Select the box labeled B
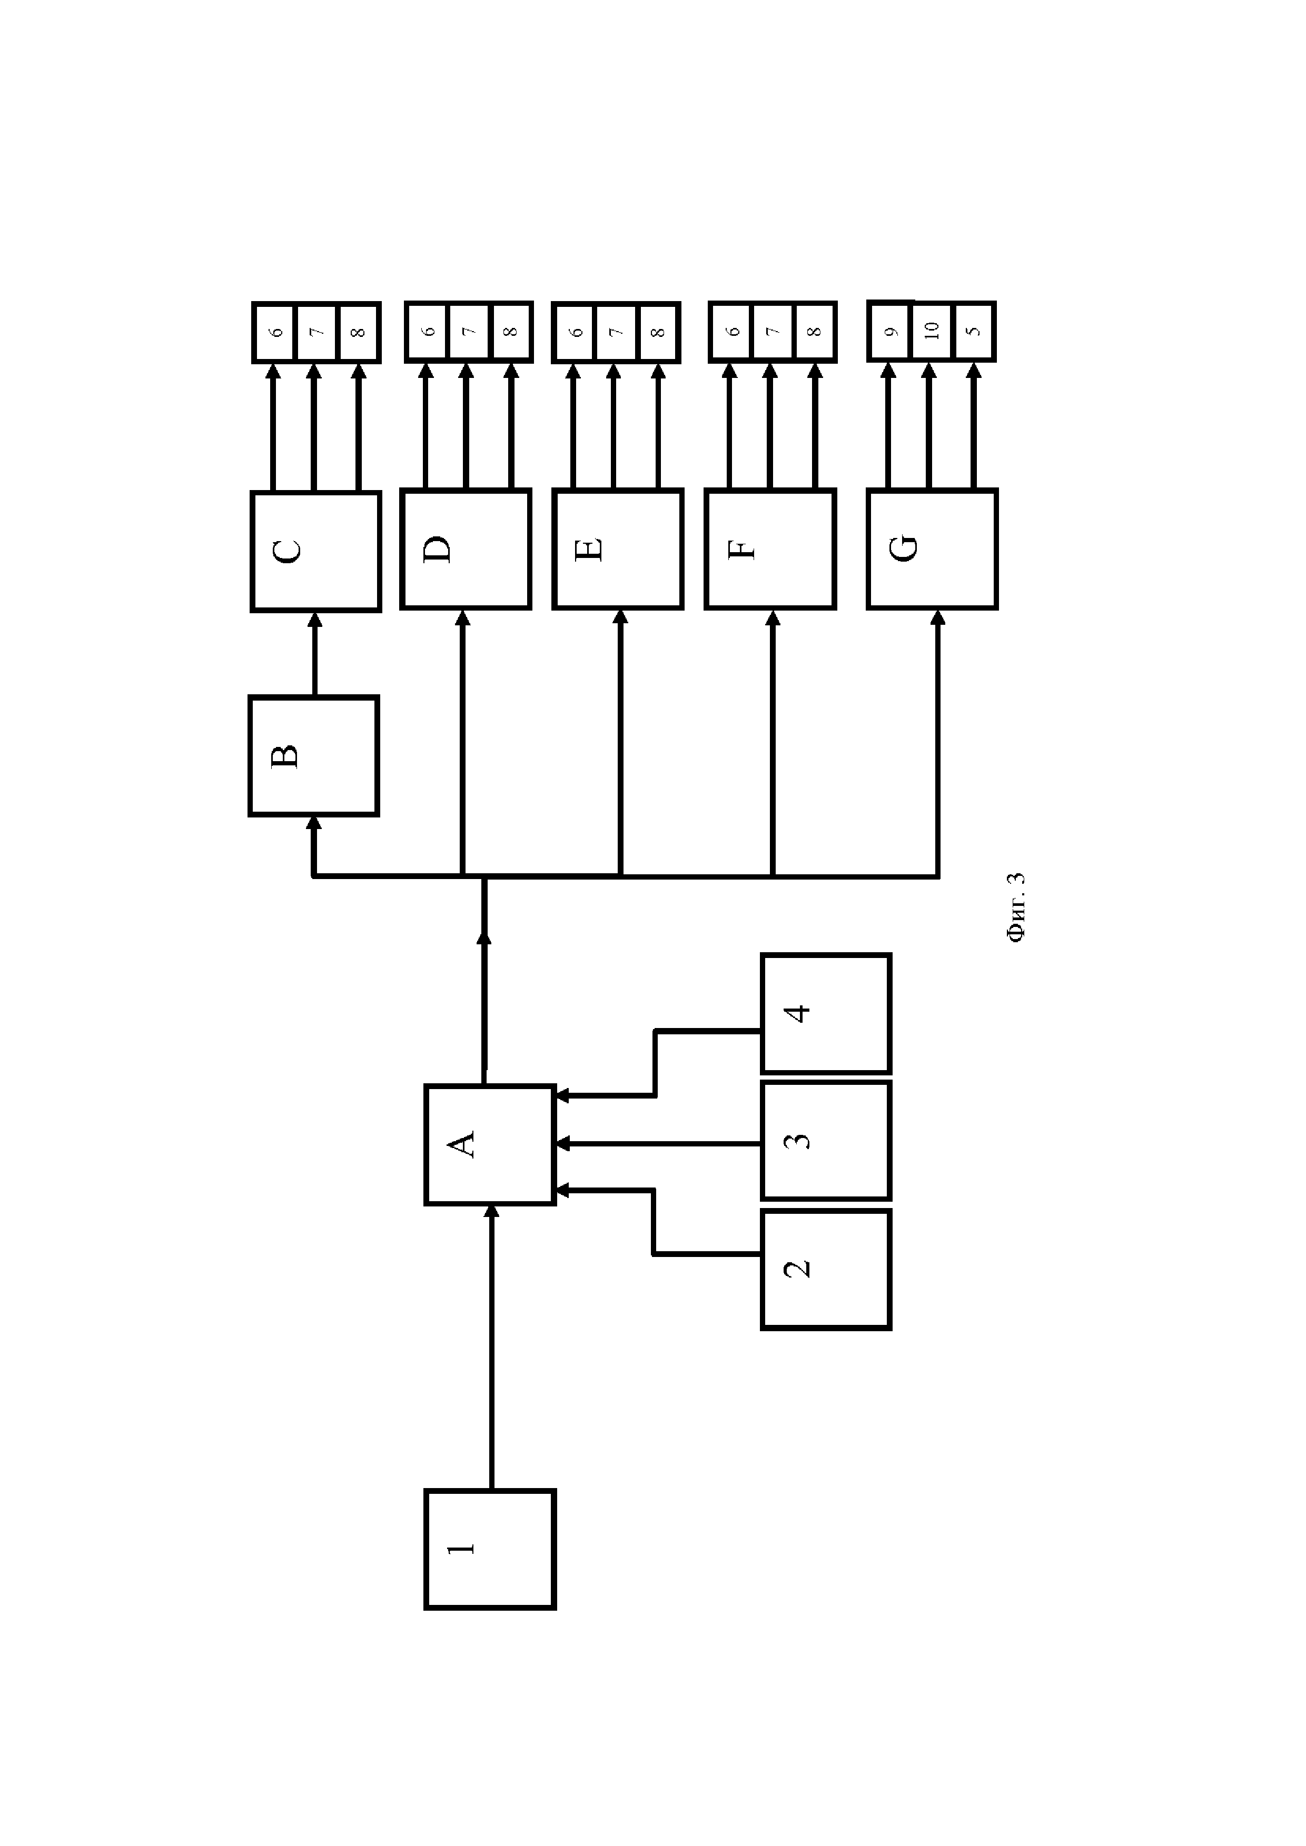(x=314, y=756)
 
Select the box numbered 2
(x=826, y=1270)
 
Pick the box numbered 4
(x=826, y=1013)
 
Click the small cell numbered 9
(x=889, y=331)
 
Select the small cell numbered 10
(x=932, y=331)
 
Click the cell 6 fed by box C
(x=274, y=331)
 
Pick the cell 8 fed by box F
(x=815, y=331)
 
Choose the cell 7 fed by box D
(x=469, y=331)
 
